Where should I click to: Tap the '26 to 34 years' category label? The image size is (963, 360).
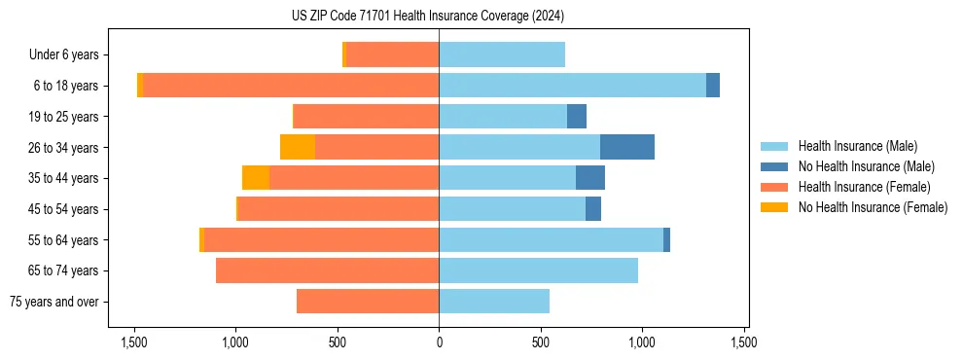[x=63, y=147]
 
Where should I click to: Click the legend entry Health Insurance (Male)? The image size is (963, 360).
[x=857, y=146]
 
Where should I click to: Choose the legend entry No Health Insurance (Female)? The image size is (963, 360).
[x=873, y=207]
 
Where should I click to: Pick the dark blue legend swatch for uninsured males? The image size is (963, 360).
[x=774, y=166]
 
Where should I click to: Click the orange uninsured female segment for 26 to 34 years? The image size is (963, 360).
[x=298, y=147]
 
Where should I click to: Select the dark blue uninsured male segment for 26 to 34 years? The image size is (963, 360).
[x=627, y=147]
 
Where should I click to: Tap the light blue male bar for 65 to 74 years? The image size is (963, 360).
[x=538, y=270]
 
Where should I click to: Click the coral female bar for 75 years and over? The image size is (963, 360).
[x=368, y=302]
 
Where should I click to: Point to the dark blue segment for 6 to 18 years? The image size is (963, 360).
[x=713, y=86]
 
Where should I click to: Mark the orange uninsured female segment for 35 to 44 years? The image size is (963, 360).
[x=256, y=178]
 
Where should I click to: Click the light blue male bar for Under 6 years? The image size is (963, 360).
[x=502, y=54]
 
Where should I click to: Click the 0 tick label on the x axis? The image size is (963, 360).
[x=439, y=342]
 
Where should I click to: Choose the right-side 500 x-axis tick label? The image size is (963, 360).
[x=541, y=342]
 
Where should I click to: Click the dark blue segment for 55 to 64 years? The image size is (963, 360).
[x=666, y=240]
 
